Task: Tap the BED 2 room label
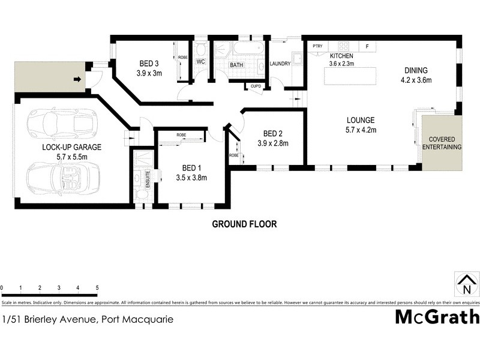click(273, 133)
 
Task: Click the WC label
click(201, 62)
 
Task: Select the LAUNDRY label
click(280, 64)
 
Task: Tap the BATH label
click(236, 65)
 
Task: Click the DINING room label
click(416, 70)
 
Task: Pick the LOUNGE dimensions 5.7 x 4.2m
click(360, 128)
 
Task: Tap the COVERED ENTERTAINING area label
click(442, 143)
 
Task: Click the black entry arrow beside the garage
click(77, 79)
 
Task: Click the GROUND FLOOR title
click(244, 224)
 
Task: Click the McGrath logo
click(436, 316)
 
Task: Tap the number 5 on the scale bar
click(97, 288)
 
